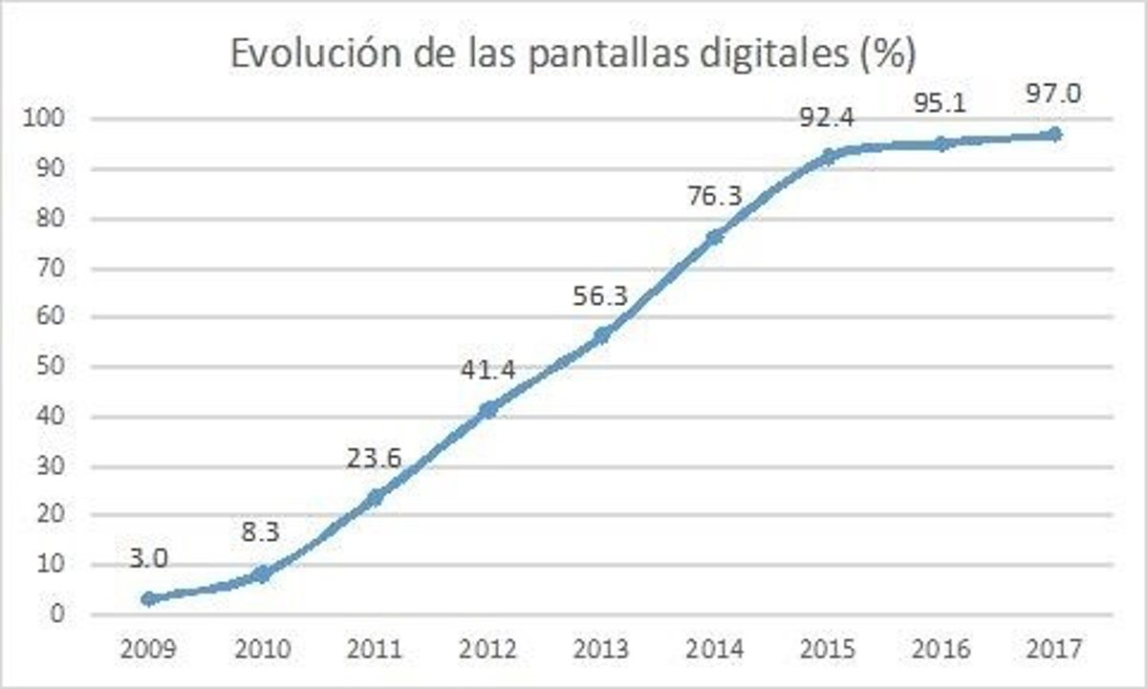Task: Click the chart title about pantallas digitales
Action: point(573,54)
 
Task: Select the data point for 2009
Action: point(148,599)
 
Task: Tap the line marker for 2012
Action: point(488,409)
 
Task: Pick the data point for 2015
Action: point(829,156)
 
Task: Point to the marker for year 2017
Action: point(1055,135)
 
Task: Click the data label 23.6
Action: point(374,459)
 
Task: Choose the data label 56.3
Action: point(602,297)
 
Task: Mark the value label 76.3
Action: point(715,197)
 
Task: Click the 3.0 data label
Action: point(148,558)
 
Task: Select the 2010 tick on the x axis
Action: point(261,650)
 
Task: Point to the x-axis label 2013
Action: point(602,650)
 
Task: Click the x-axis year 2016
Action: point(941,650)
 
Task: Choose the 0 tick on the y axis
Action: point(56,614)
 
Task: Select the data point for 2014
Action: point(715,236)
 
